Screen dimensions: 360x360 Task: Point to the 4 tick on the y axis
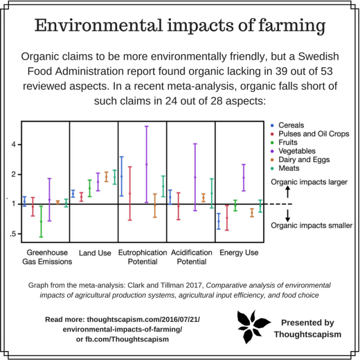[15, 145]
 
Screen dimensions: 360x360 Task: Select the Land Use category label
[94, 253]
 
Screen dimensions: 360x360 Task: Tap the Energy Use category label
[239, 253]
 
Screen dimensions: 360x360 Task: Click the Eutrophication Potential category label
[142, 257]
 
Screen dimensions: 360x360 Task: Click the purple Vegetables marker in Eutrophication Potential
[146, 164]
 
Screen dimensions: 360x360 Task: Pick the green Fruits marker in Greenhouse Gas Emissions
[41, 221]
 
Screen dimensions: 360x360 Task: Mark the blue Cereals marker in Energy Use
[219, 221]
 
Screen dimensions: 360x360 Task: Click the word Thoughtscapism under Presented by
[307, 334]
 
